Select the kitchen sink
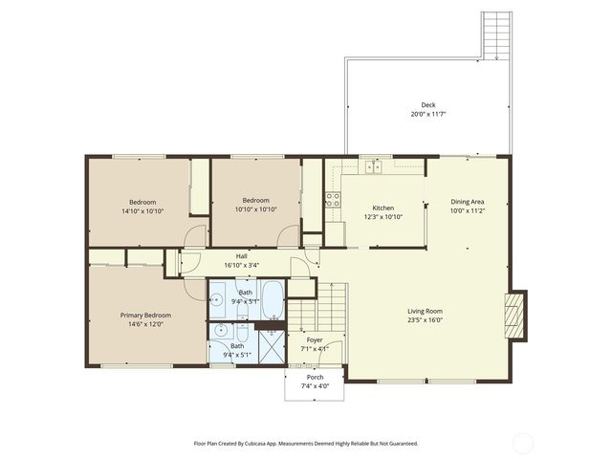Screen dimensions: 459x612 374,167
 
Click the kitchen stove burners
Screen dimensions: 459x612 333,199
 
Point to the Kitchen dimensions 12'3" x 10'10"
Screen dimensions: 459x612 382,217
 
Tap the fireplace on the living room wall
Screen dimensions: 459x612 514,310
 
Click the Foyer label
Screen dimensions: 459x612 315,340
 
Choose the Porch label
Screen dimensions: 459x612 315,378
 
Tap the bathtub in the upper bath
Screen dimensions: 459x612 271,299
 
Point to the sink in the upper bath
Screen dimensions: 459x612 219,299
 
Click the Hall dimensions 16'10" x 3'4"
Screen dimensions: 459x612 242,265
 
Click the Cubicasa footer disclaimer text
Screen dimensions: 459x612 306,444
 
